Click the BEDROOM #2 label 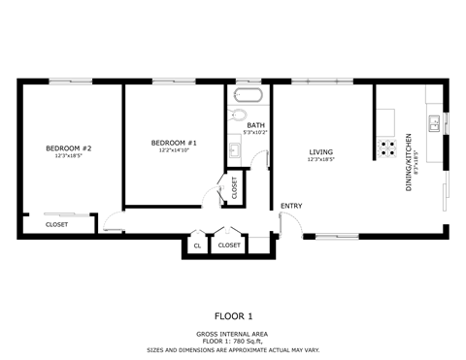pos(67,147)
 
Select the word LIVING pos(320,151)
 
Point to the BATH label pos(255,125)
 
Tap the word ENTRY pos(290,206)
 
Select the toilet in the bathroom pos(240,116)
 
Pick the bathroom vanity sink pos(235,150)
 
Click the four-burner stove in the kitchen pos(385,147)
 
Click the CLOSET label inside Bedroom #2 pos(56,225)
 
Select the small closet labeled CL pos(197,245)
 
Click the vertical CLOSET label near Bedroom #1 pos(234,187)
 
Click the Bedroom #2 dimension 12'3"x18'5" pos(67,156)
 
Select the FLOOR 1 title pos(233,315)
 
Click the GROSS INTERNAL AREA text pos(233,333)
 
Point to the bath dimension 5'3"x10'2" pos(256,133)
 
